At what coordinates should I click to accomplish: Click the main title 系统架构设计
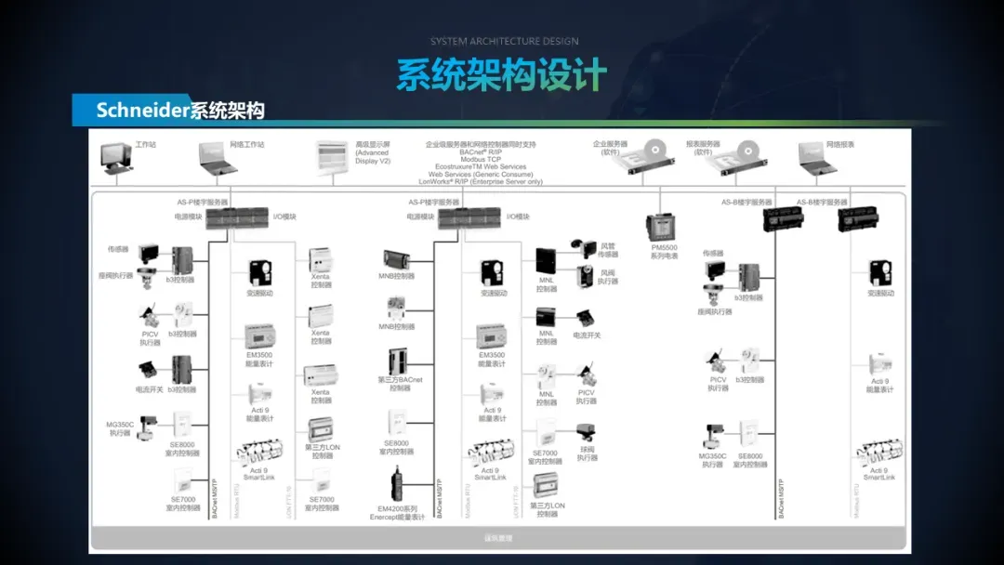click(501, 74)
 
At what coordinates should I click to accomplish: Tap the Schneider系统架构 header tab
click(180, 111)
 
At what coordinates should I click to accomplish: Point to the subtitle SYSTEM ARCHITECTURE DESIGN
click(504, 41)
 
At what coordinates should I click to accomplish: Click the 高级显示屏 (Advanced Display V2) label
click(374, 152)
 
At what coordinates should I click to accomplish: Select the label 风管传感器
click(608, 250)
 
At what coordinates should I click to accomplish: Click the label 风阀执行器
click(607, 277)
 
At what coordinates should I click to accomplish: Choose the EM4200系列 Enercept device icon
click(400, 487)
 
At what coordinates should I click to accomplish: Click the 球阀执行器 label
click(588, 453)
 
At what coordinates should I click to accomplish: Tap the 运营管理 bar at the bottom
click(497, 538)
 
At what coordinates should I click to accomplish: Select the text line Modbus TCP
click(481, 160)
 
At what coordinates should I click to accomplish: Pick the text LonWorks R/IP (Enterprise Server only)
click(481, 182)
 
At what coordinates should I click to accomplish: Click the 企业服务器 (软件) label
click(611, 148)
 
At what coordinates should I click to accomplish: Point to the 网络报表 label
click(840, 145)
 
